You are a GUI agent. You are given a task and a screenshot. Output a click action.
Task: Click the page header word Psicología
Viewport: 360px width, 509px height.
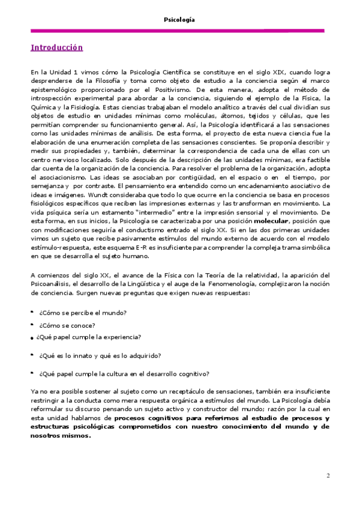coord(179,20)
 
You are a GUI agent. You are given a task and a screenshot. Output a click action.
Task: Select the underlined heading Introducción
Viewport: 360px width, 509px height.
coord(56,47)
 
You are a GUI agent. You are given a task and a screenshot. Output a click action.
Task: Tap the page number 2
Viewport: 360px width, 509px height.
coord(328,476)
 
